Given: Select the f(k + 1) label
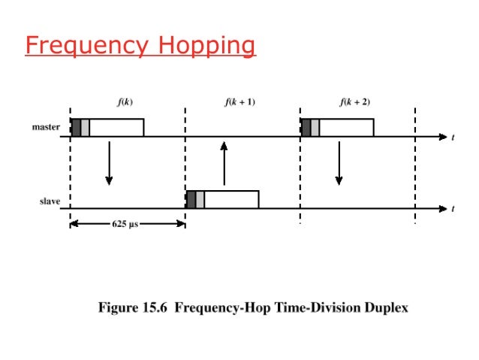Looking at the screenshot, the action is (240, 102).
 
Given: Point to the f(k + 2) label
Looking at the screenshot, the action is (354, 102).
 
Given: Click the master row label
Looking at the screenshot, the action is (46, 128).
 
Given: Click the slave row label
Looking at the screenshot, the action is (50, 201).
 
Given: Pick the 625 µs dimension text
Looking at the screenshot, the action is (128, 223).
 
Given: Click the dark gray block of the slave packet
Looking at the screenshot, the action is (191, 199).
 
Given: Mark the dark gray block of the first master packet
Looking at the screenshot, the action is (76, 127).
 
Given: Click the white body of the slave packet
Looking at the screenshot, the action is (231, 199).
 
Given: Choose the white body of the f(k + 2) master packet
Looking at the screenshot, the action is (346, 127).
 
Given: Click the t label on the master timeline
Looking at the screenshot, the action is (453, 138).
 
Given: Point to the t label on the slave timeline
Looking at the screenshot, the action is (453, 207).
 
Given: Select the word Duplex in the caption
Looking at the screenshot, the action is (387, 308).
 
